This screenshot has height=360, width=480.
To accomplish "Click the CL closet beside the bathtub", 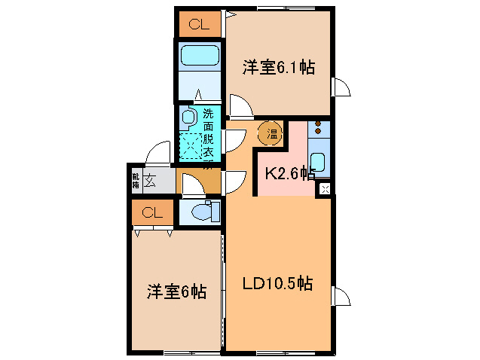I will point(199,25).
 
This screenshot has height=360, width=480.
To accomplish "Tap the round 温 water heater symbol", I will point(271,134).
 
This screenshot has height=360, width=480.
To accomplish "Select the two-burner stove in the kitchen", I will point(319,129).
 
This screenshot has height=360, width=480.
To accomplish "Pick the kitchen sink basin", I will point(319,162).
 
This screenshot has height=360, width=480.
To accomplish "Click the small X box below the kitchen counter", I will point(325,188).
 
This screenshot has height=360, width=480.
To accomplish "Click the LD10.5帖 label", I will point(277,284).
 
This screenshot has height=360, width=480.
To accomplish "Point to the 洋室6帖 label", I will point(176,291).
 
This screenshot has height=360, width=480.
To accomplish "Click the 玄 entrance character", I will point(151,181).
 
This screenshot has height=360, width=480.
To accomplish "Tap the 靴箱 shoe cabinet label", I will point(136,181).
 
